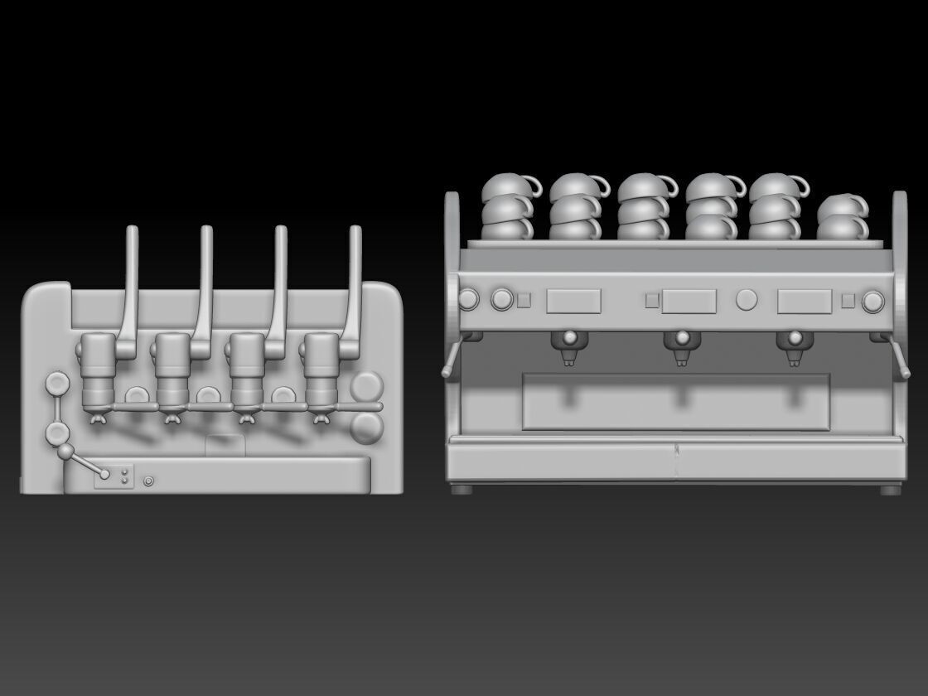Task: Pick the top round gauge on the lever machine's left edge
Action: [x=57, y=384]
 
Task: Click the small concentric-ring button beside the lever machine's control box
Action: [x=148, y=480]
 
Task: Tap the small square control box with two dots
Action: [x=114, y=476]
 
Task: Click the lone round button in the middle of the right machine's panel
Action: [x=747, y=299]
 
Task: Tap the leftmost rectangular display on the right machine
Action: [x=573, y=301]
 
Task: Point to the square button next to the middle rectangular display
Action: [x=653, y=301]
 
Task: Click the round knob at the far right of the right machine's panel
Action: [x=872, y=301]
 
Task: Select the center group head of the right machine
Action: [x=681, y=346]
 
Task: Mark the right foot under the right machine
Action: [x=890, y=489]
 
